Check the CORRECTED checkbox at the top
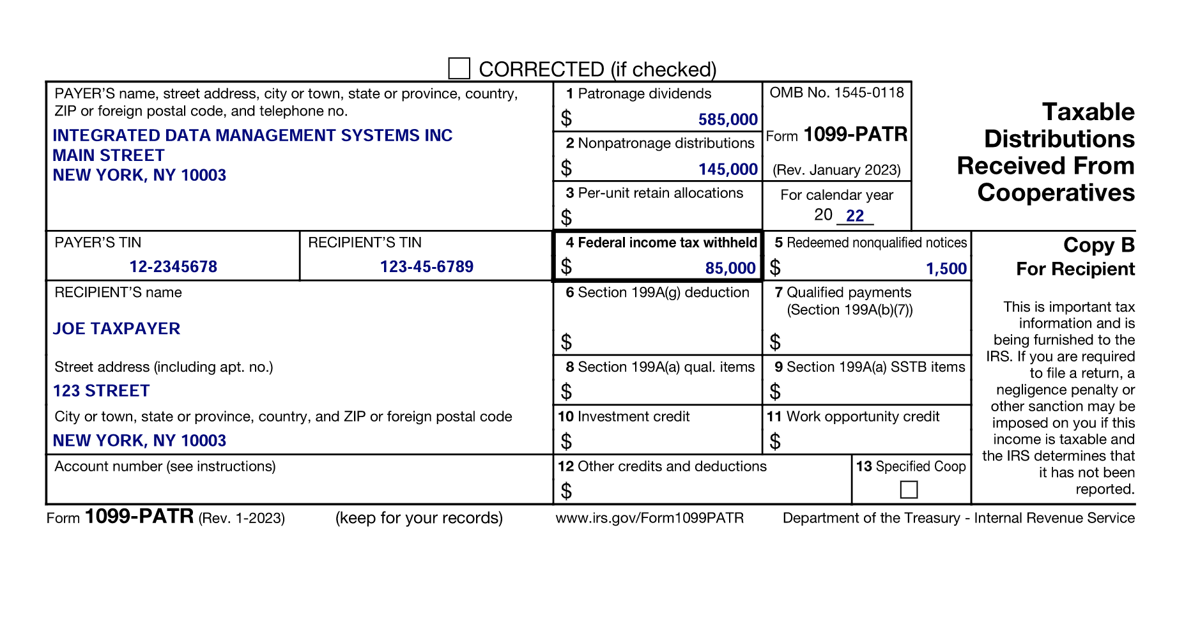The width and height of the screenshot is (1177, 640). point(459,68)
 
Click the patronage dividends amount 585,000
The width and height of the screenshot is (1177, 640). point(728,119)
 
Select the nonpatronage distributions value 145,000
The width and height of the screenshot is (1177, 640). point(728,169)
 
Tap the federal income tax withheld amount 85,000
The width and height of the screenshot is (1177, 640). point(730,268)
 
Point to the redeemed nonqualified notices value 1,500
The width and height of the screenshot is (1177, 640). point(946,269)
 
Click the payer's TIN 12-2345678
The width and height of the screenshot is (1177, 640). point(173,267)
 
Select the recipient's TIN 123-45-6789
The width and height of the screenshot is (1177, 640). point(426,267)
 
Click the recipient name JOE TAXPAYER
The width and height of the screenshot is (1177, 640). point(116,329)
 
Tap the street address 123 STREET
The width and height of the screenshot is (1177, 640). point(101,391)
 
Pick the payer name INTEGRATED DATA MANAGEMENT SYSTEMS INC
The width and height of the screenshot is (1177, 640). point(252,135)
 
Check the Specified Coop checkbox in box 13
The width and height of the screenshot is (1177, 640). point(908,490)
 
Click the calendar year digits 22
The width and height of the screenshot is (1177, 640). point(855,216)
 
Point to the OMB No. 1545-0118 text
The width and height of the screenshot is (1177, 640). point(836,93)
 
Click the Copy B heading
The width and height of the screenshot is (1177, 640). point(1098,245)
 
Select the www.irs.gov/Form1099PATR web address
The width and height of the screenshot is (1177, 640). point(649,518)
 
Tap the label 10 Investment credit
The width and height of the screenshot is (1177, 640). point(624,417)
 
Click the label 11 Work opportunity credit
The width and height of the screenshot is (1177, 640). point(853,417)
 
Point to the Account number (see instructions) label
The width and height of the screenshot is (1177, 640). point(165,467)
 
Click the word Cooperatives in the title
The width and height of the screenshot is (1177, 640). point(1056,193)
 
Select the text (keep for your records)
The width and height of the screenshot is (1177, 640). point(419,518)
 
